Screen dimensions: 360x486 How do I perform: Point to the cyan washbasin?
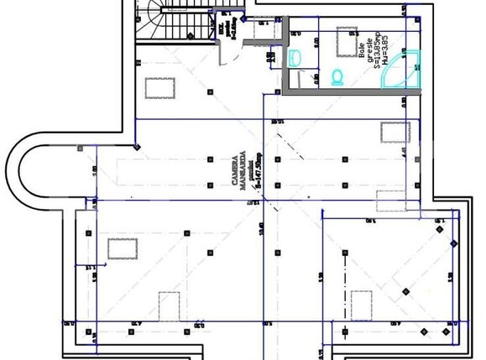[295, 58]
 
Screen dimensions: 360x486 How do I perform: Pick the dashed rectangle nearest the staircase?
[159, 87]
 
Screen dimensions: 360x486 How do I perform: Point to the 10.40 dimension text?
[263, 226]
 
